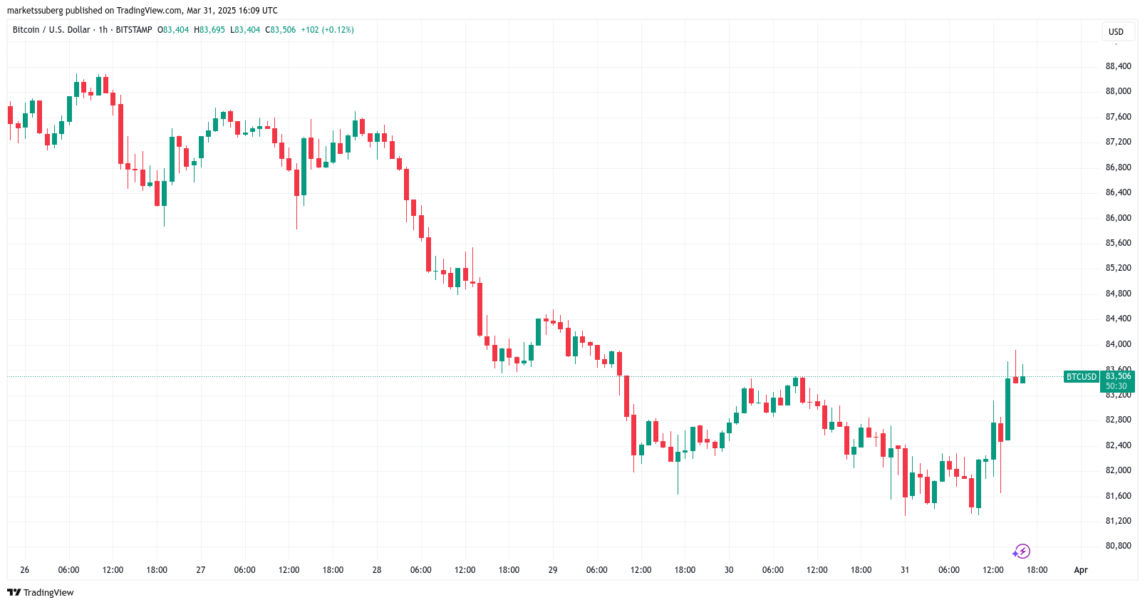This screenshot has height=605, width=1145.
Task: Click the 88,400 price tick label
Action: [x=1118, y=66]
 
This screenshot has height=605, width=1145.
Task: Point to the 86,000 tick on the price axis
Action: [x=1118, y=218]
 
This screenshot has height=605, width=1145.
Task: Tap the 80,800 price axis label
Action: [x=1118, y=546]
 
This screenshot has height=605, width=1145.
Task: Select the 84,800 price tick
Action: [x=1118, y=294]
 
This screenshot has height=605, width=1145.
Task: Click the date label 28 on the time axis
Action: [x=377, y=570]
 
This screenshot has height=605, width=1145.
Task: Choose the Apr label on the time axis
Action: [x=1081, y=570]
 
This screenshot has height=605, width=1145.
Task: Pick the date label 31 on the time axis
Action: [x=905, y=570]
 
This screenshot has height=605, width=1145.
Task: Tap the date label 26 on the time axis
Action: [x=25, y=570]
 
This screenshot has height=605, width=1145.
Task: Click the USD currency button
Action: [x=1116, y=32]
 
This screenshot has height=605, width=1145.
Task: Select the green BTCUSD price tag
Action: [x=1081, y=377]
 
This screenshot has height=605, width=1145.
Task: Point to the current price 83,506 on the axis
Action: [x=1118, y=376]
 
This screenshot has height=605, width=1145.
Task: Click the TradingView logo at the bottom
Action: [x=41, y=593]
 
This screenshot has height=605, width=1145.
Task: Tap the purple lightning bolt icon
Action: [x=1022, y=552]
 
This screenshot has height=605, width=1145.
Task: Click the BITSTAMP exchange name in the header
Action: [x=134, y=30]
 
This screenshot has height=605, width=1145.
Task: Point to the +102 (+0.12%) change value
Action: [x=327, y=30]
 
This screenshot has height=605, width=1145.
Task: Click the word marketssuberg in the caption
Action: [x=35, y=11]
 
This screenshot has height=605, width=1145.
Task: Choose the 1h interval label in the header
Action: [x=103, y=30]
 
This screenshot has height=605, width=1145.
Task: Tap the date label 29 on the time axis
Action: [x=553, y=570]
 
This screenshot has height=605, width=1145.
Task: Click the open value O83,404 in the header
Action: [x=173, y=30]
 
